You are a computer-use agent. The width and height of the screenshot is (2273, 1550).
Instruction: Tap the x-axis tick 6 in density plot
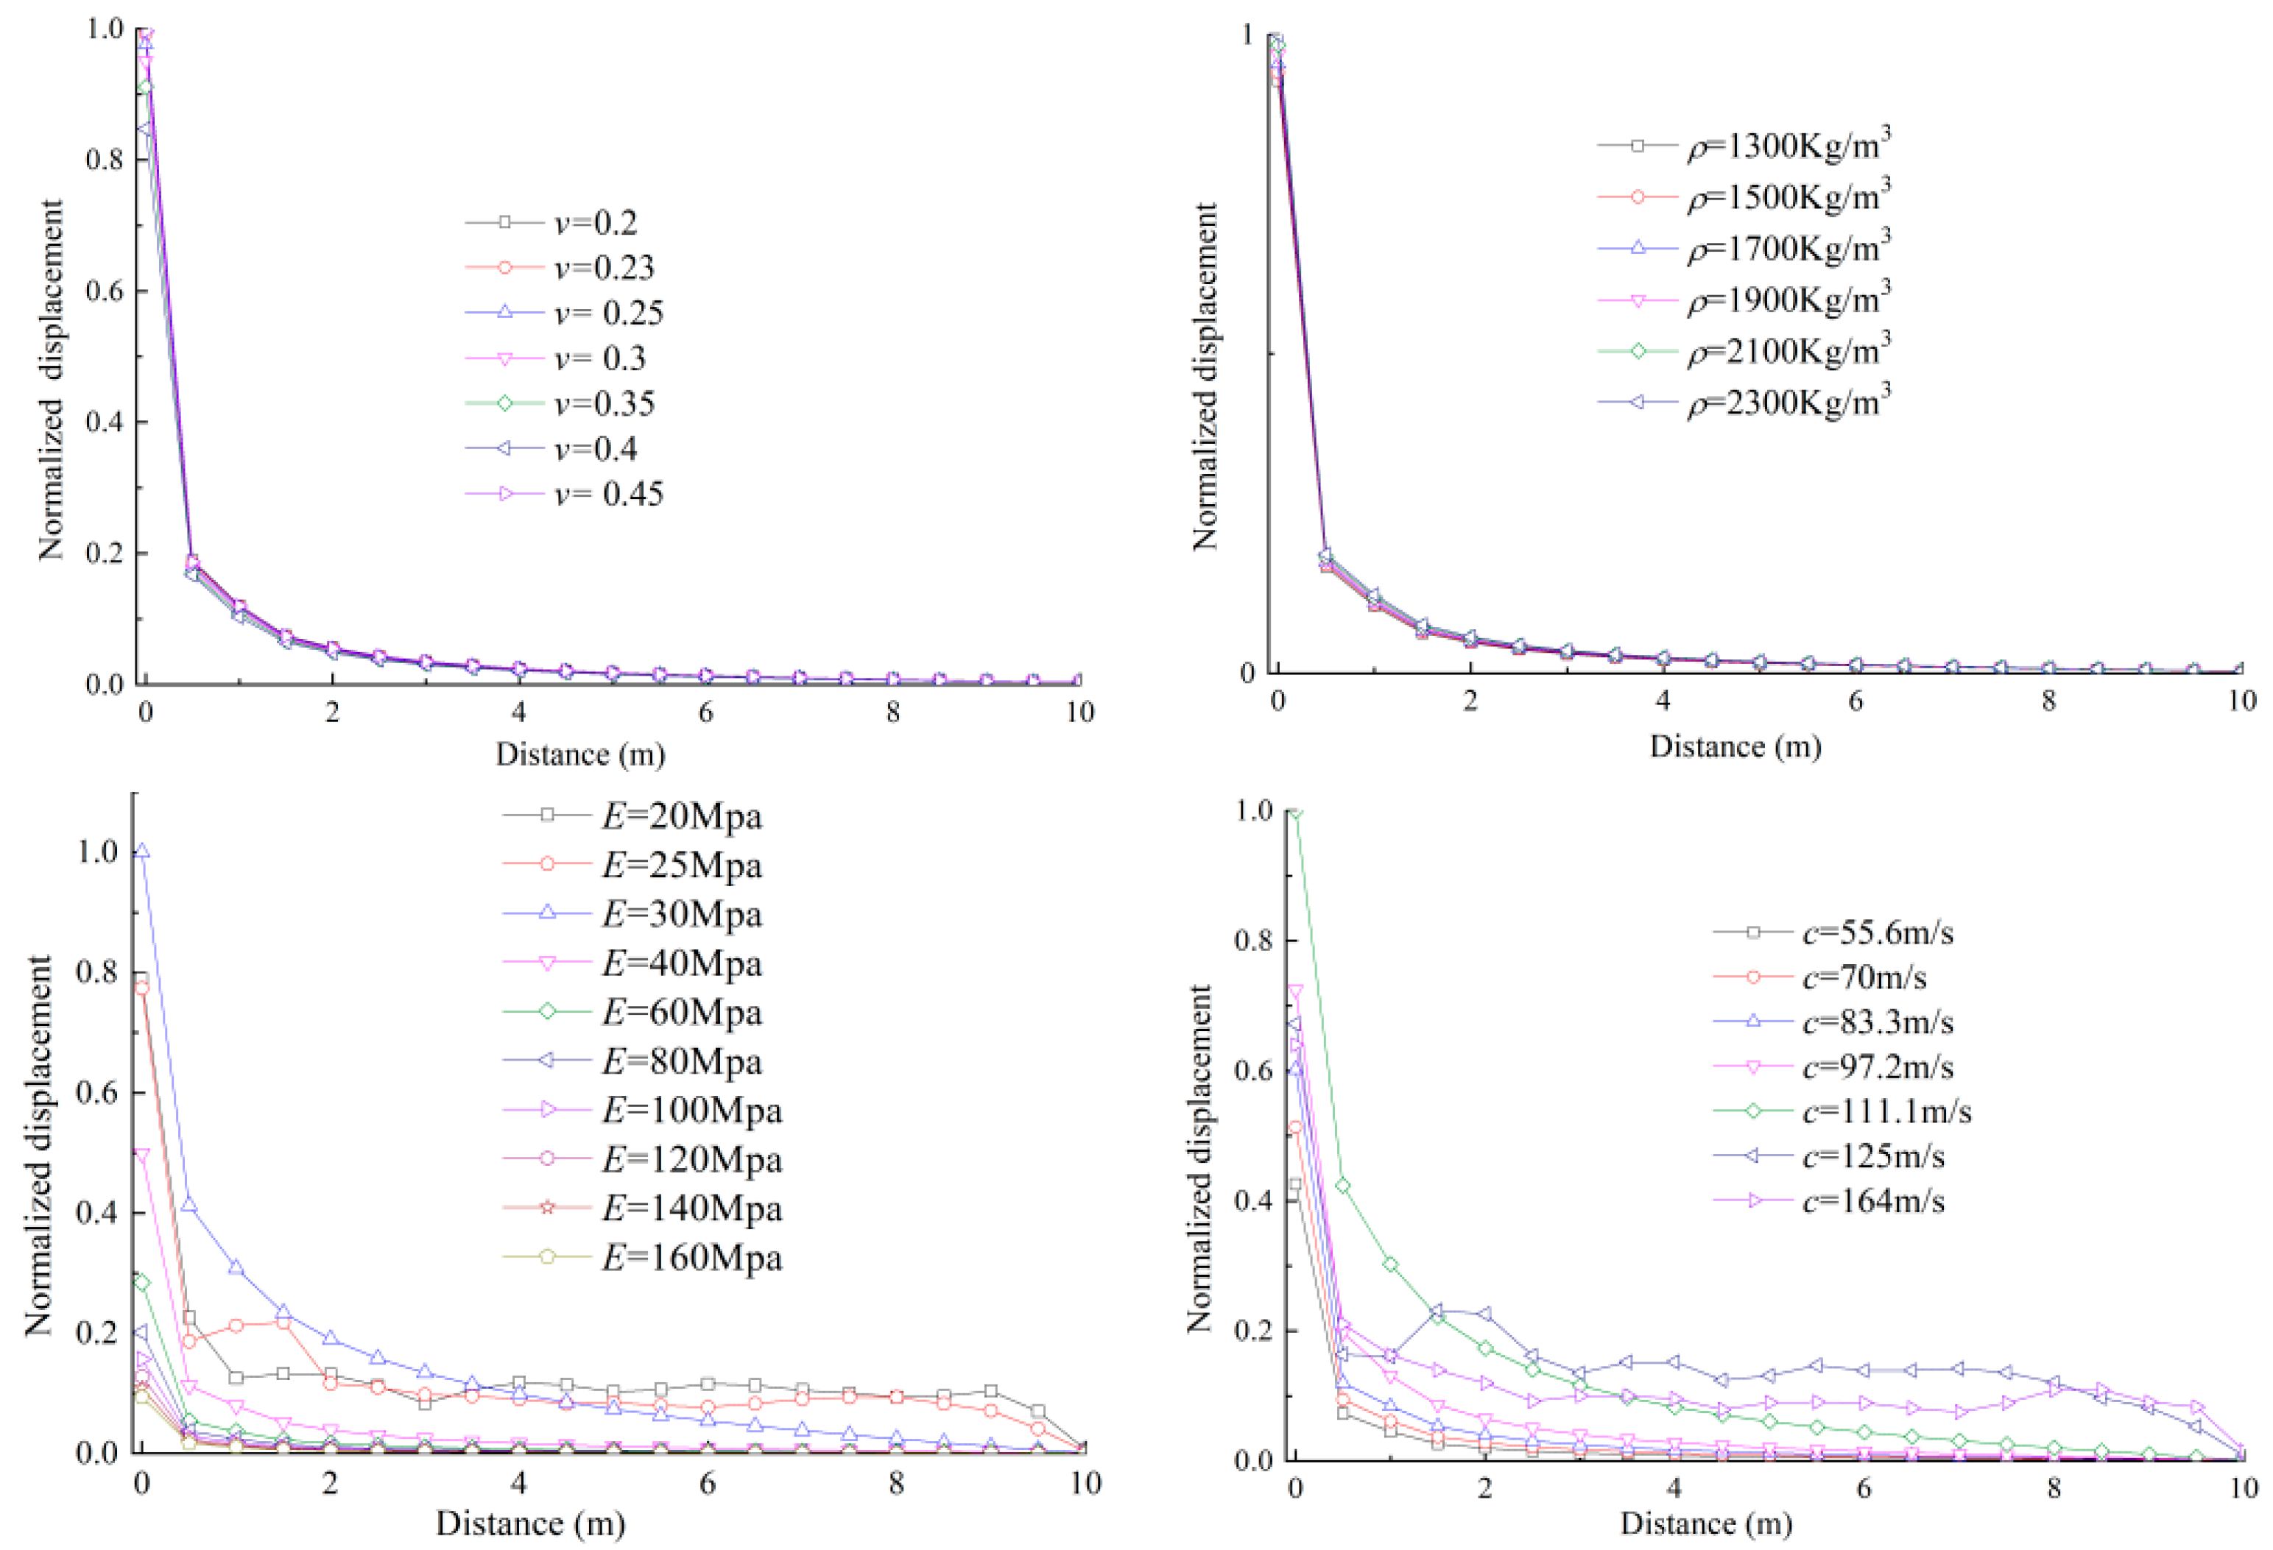pyautogui.click(x=1856, y=700)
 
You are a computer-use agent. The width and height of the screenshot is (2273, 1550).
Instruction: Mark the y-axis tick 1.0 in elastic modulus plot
pyautogui.click(x=97, y=852)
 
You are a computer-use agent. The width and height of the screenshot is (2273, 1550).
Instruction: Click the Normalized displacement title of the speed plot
pyautogui.click(x=1200, y=1159)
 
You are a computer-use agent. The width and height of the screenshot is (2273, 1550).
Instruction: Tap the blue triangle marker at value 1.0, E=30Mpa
pyautogui.click(x=142, y=852)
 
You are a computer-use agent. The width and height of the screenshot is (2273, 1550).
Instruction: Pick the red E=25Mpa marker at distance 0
pyautogui.click(x=142, y=988)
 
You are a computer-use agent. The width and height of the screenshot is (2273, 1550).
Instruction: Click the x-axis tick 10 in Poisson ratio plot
pyautogui.click(x=1079, y=712)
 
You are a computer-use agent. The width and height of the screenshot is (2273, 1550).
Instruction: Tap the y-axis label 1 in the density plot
pyautogui.click(x=1246, y=35)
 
